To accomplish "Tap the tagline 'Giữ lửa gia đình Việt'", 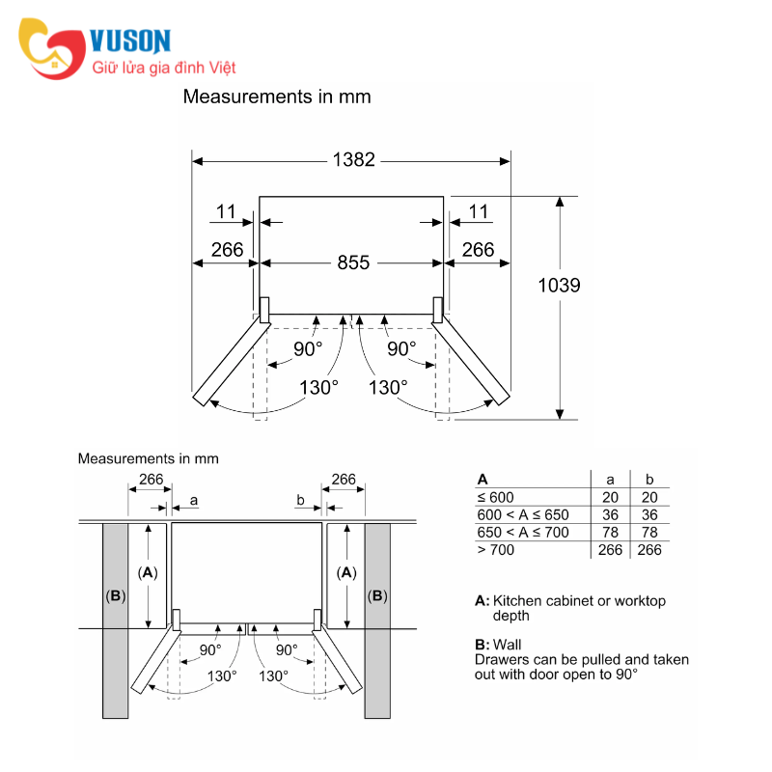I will (x=163, y=68).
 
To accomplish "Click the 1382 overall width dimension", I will (x=353, y=160).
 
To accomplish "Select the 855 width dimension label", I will (x=353, y=262).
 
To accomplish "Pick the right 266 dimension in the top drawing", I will (x=478, y=250).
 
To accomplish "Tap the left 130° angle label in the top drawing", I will (x=318, y=387).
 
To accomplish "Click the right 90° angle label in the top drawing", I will (x=401, y=348).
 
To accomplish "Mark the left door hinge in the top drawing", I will (x=263, y=310).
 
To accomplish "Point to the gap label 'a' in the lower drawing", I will (x=194, y=500).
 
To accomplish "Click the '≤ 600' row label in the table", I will (x=495, y=497).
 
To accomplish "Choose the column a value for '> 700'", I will (x=610, y=550).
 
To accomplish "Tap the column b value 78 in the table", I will (x=649, y=533).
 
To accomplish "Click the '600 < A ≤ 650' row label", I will (x=522, y=514).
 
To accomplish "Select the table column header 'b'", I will (x=649, y=479).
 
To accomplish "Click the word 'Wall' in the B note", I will (x=508, y=645).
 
